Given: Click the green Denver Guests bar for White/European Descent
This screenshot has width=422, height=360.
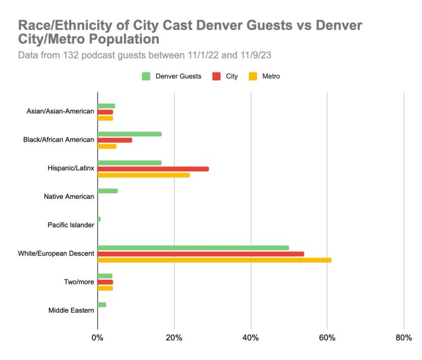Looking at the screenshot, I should [x=193, y=247].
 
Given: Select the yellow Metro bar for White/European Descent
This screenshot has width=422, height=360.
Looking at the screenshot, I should [x=214, y=260].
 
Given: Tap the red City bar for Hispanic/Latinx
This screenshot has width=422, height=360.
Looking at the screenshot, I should [x=153, y=169].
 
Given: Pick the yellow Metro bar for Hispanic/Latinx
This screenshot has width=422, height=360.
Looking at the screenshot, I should [x=143, y=175].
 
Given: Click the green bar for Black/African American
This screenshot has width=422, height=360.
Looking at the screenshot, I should [x=129, y=134].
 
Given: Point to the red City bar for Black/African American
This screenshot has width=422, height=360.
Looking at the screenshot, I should [x=114, y=140].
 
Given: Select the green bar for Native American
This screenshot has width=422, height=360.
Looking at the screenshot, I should [x=107, y=191].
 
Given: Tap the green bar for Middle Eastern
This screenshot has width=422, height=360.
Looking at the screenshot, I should [x=102, y=304].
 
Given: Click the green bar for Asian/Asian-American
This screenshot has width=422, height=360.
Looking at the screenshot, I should [x=106, y=106].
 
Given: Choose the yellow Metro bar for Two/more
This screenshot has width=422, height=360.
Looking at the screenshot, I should [x=105, y=288].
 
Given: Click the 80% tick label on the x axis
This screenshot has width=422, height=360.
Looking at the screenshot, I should [x=403, y=337].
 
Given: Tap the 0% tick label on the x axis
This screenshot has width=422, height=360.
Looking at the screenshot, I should [x=97, y=337].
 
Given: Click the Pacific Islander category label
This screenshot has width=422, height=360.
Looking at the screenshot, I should [x=71, y=225].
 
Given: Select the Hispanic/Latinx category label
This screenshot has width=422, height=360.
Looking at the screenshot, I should [x=71, y=168].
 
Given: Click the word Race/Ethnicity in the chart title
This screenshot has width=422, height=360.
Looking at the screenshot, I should [x=65, y=26].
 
